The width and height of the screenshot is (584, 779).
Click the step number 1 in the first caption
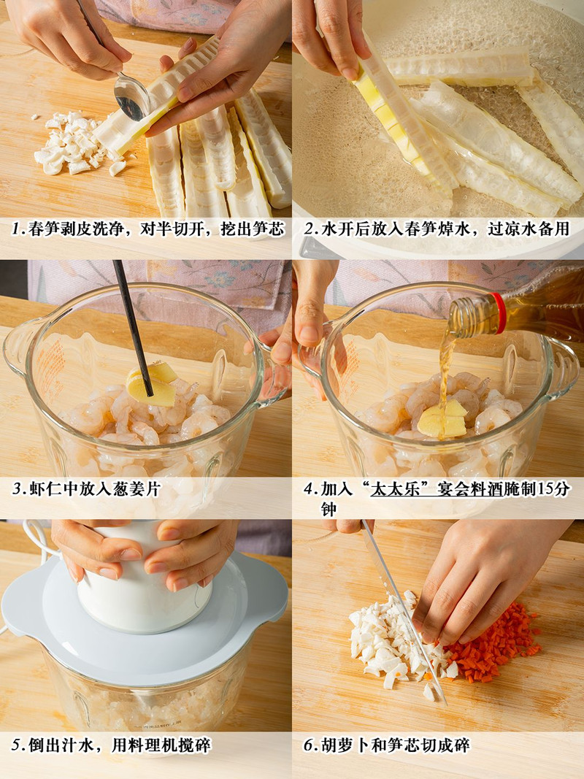18,229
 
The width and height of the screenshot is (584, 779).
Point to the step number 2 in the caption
310,229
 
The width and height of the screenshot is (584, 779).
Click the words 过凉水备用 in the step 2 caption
529,229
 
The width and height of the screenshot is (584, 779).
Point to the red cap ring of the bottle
498,312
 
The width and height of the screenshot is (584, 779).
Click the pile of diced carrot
491,642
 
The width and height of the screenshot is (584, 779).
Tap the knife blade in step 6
404,611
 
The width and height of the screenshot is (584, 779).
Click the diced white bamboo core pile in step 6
392,641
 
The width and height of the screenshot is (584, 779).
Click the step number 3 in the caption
18,489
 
